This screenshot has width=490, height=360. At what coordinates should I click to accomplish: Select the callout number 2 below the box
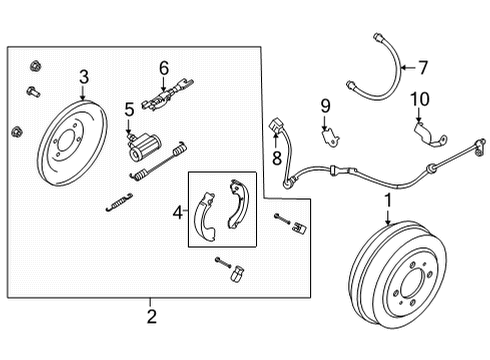[151, 318]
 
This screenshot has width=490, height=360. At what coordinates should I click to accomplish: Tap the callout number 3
[84, 76]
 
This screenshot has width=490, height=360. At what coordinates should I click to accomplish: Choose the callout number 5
[129, 108]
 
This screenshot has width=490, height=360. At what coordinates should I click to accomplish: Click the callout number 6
[164, 68]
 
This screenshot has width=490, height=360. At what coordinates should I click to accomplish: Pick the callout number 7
[422, 68]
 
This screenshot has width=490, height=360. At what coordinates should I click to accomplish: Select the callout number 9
[324, 104]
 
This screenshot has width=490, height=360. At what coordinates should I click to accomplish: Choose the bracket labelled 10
[426, 133]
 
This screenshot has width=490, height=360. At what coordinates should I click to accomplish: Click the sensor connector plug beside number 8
[277, 128]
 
